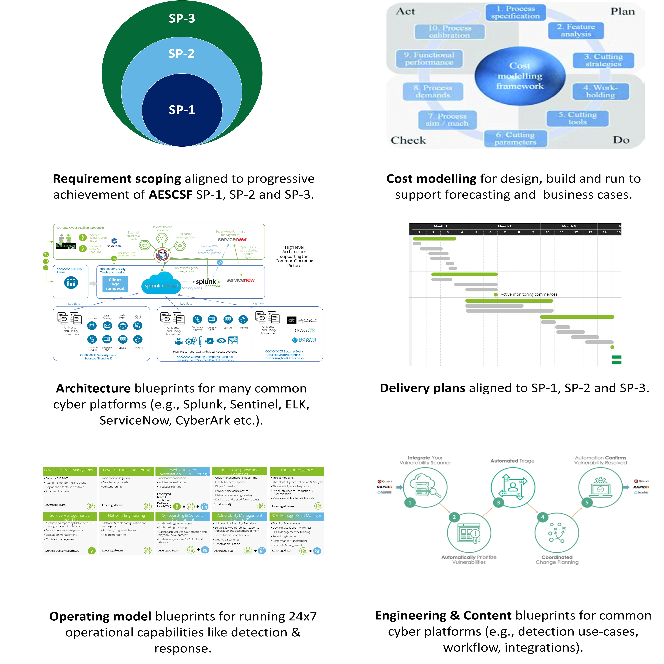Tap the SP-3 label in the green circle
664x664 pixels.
pyautogui.click(x=182, y=18)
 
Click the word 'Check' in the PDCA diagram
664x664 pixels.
pyautogui.click(x=408, y=140)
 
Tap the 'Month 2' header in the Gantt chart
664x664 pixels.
pyautogui.click(x=505, y=226)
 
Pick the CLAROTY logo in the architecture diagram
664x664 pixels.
pyautogui.click(x=302, y=320)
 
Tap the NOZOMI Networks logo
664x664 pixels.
pyautogui.click(x=304, y=340)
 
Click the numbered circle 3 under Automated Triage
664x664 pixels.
pyautogui.click(x=498, y=503)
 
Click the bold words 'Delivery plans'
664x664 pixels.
pyautogui.click(x=422, y=388)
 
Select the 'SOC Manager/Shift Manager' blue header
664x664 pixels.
pyautogui.click(x=296, y=516)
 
